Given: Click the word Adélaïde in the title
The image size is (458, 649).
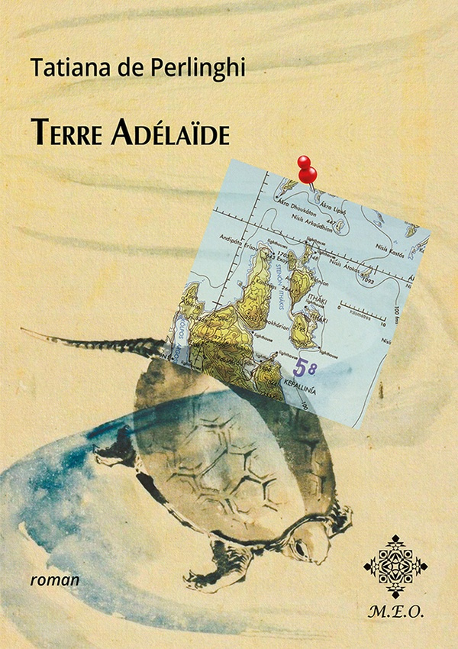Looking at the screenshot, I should pos(168,131).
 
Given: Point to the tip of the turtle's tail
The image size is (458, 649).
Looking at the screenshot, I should pos(23,331).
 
